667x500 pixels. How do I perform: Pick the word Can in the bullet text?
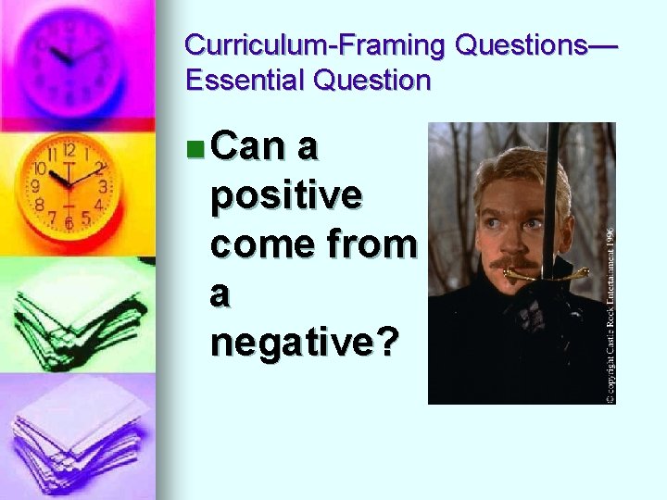[247, 145]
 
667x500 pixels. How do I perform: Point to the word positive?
[286, 195]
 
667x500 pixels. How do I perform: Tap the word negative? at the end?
[305, 344]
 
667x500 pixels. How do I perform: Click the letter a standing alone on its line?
[220, 294]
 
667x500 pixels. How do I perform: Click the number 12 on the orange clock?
[69, 150]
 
